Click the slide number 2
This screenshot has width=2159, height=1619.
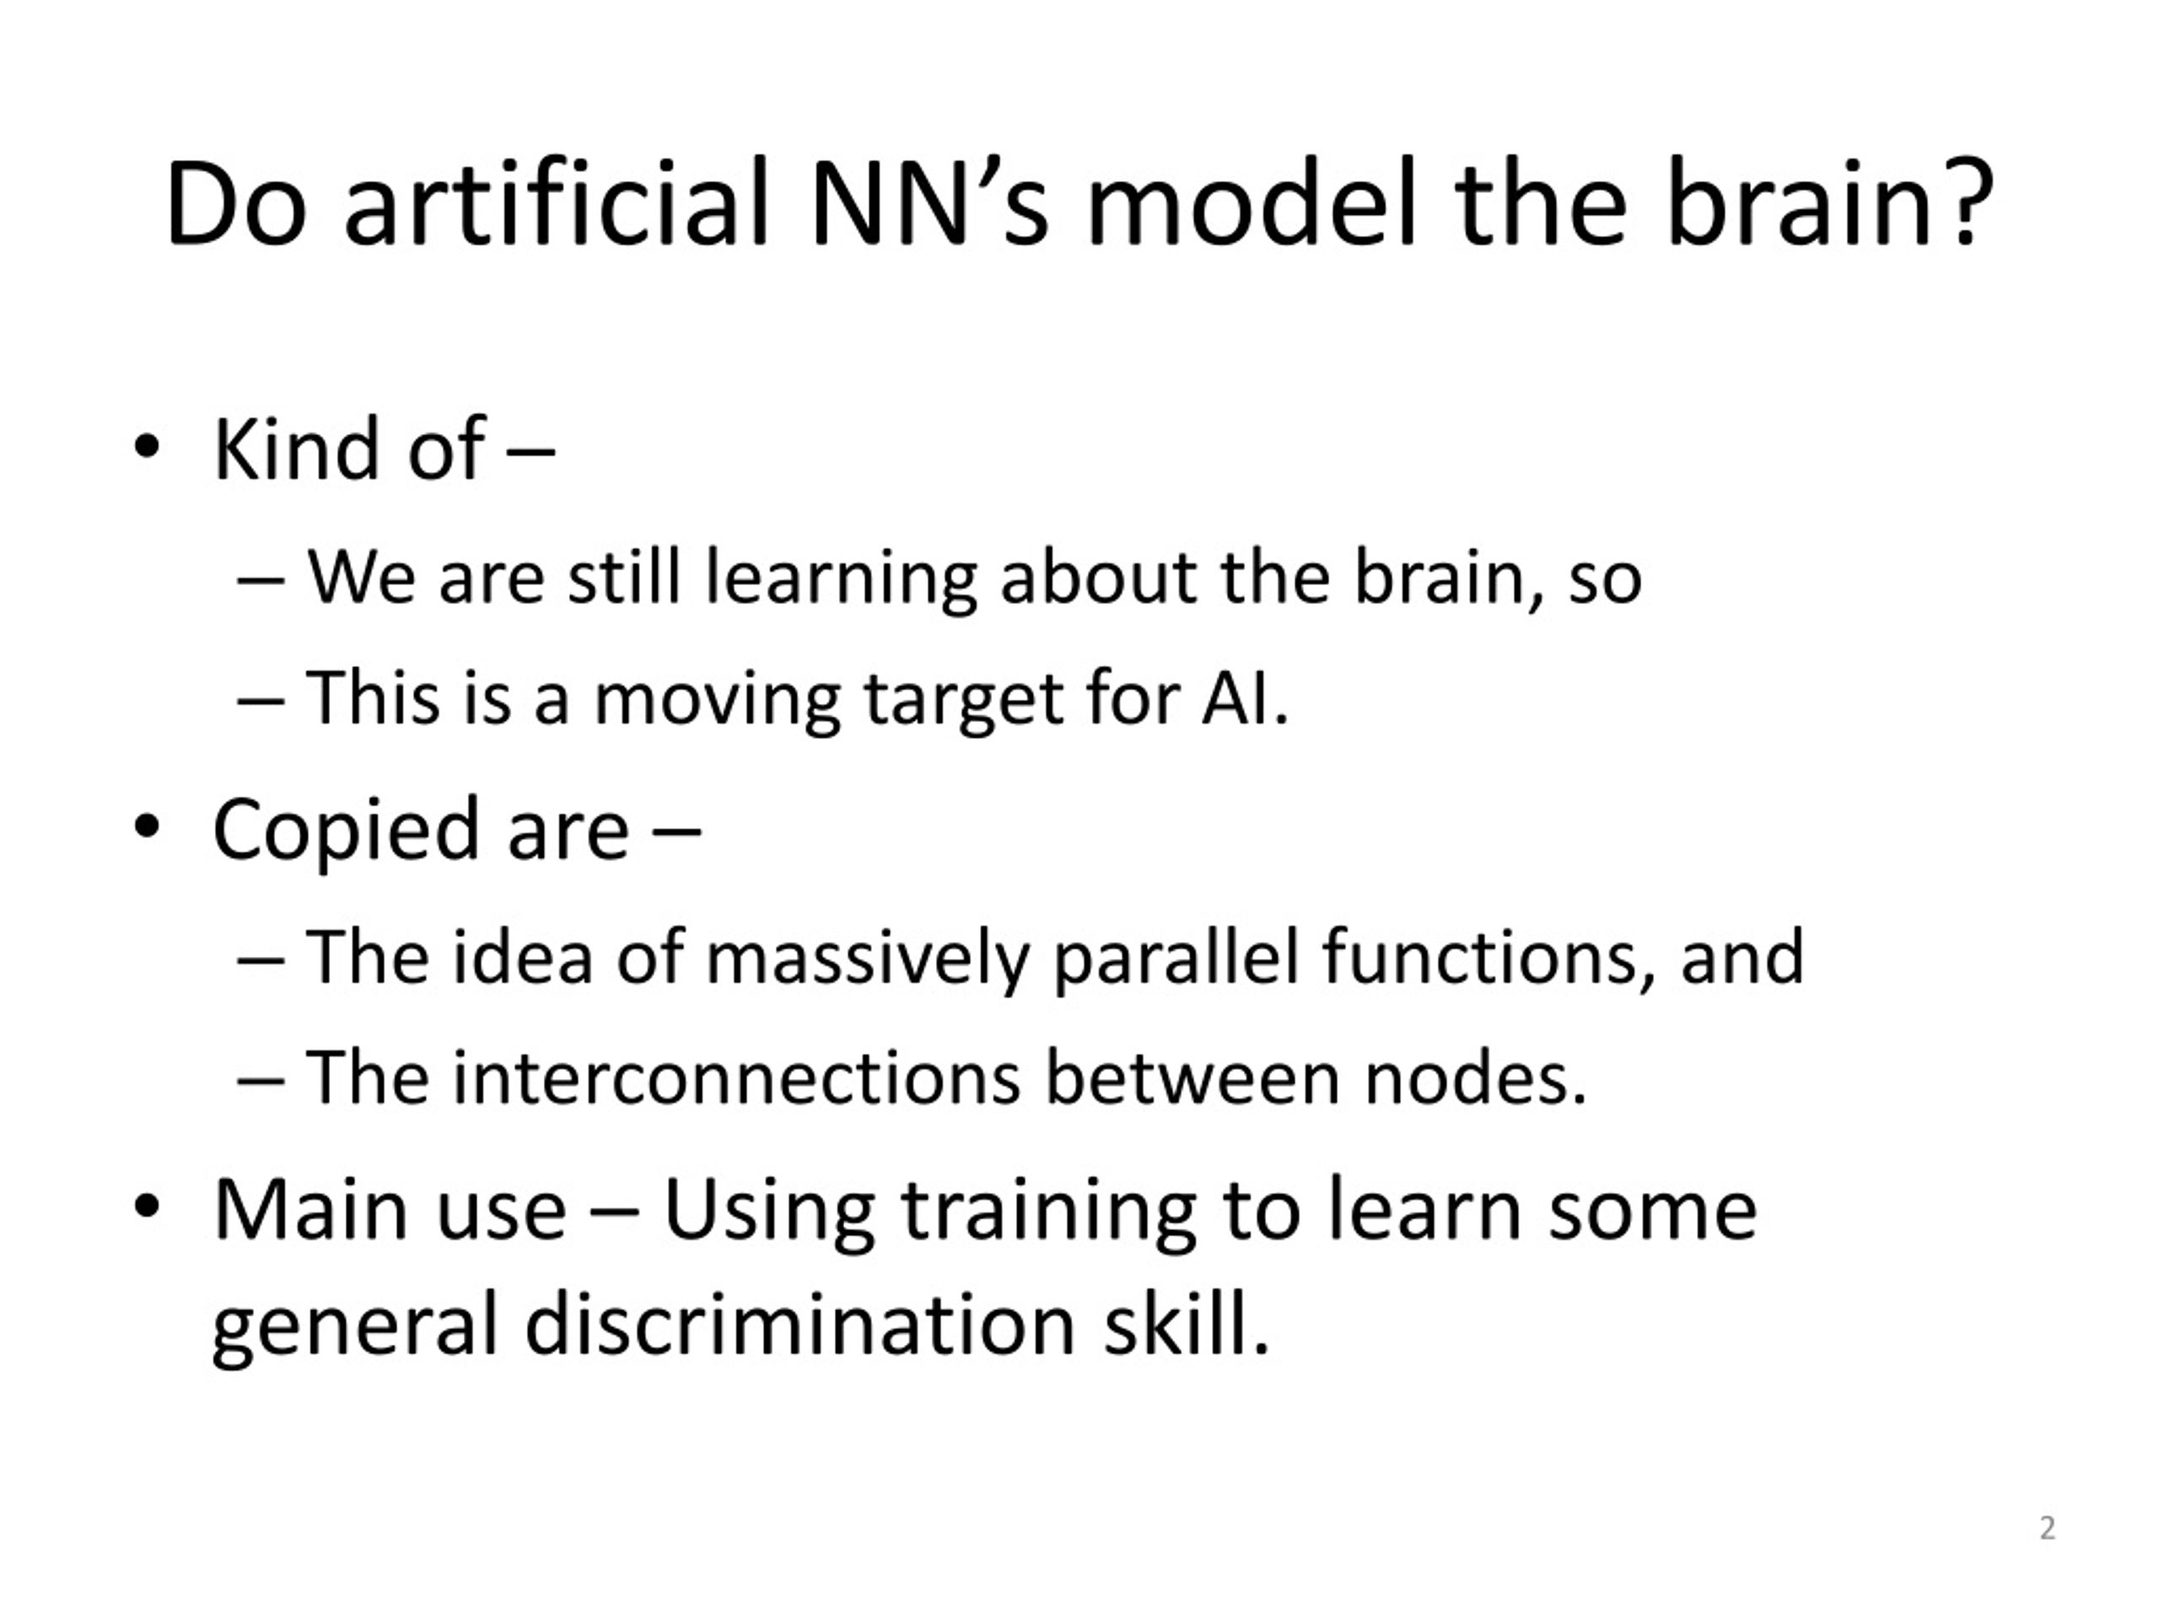pyautogui.click(x=2048, y=1527)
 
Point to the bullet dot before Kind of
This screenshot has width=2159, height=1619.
pyautogui.click(x=147, y=448)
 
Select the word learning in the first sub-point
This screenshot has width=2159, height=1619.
pyautogui.click(x=840, y=579)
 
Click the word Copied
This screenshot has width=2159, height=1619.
pyautogui.click(x=347, y=831)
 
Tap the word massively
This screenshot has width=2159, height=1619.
pyautogui.click(x=868, y=960)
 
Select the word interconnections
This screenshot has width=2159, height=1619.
pyautogui.click(x=737, y=1078)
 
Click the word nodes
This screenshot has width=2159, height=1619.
pyautogui.click(x=1475, y=1078)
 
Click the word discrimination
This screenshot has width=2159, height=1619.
pyautogui.click(x=800, y=1326)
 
